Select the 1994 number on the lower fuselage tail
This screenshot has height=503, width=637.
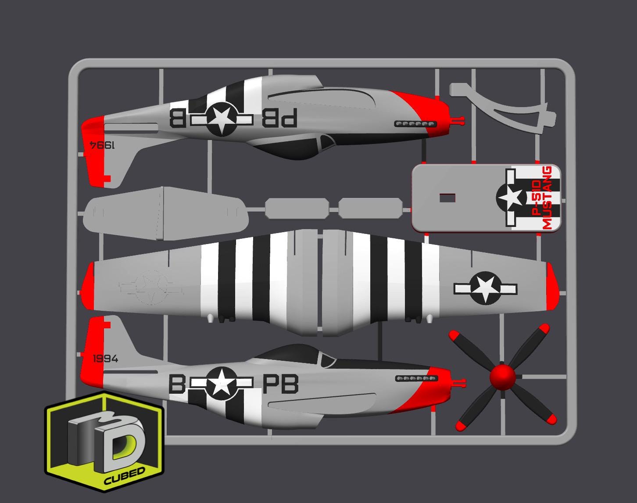(105, 359)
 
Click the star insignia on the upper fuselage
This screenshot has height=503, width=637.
(221, 118)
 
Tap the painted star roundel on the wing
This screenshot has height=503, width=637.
(485, 288)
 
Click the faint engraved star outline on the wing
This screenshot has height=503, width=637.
(151, 288)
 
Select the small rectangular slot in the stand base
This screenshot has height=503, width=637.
(447, 198)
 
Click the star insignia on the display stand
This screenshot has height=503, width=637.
(512, 198)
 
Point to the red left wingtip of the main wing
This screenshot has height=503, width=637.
(88, 286)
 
